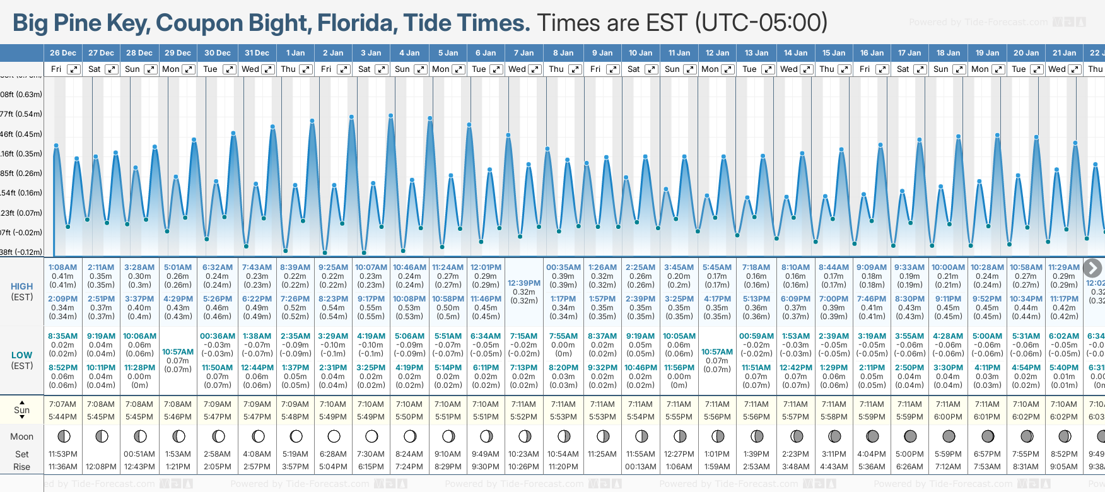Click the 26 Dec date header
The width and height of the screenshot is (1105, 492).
click(x=63, y=53)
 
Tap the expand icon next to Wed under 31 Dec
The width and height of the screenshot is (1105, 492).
click(x=268, y=69)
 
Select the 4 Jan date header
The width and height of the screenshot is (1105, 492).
click(x=409, y=53)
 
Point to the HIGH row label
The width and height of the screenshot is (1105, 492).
click(x=22, y=286)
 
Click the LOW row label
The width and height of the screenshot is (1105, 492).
click(x=22, y=355)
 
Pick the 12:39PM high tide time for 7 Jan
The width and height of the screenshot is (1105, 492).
click(x=524, y=283)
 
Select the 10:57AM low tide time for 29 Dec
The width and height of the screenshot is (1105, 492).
click(x=178, y=352)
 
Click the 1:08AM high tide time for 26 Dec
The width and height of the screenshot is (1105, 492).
click(x=62, y=267)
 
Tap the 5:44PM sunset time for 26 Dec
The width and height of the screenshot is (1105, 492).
click(x=62, y=417)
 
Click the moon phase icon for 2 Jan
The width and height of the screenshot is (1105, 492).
click(x=334, y=436)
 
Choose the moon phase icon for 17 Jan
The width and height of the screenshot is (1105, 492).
click(x=910, y=436)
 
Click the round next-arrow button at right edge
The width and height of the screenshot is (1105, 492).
click(x=1092, y=268)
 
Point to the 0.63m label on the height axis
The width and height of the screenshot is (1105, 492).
click(x=21, y=95)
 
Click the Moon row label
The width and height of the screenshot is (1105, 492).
click(x=22, y=436)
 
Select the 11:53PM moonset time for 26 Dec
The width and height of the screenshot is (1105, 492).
click(x=62, y=454)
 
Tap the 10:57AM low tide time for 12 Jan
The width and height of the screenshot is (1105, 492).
click(x=717, y=352)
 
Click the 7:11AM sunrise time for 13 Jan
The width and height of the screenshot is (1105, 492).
click(x=756, y=404)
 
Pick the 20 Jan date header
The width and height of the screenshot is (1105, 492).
click(x=1026, y=53)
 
